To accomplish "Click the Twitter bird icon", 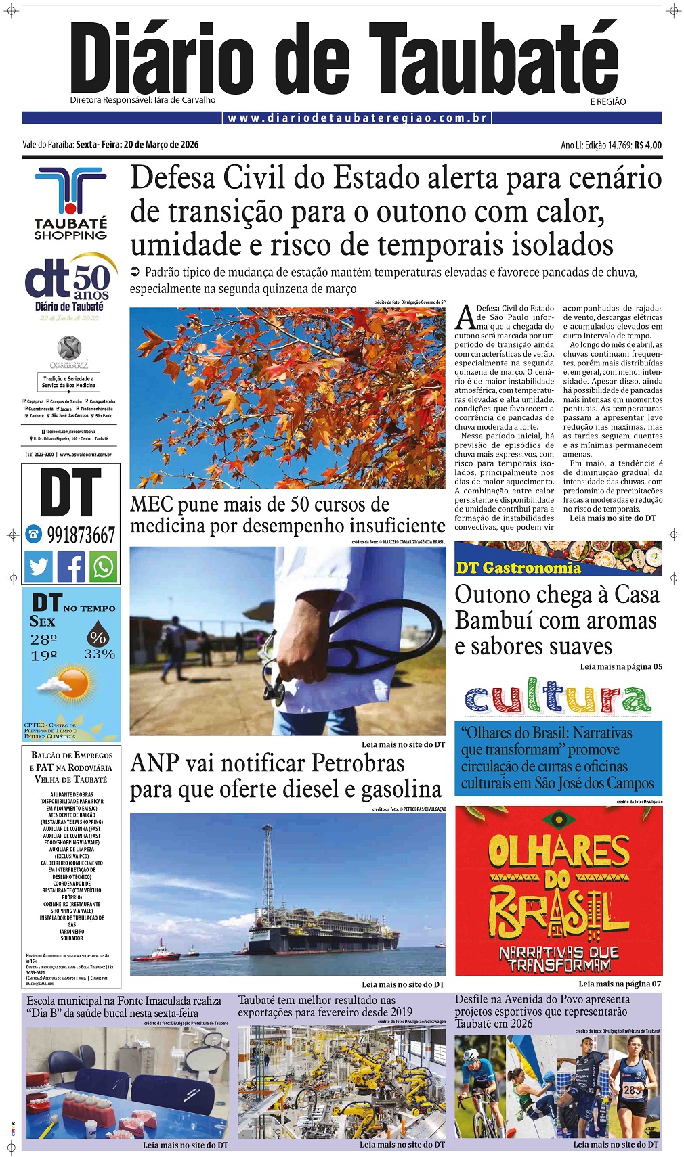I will (x=39, y=566).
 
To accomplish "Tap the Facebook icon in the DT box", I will (x=71, y=566).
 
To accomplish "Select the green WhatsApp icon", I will (x=104, y=566).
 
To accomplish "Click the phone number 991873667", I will (x=81, y=535).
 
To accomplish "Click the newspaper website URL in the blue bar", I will (x=358, y=118).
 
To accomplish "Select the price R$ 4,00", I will (x=648, y=145).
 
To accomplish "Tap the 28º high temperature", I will (x=43, y=639).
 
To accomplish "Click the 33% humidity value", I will (x=100, y=654).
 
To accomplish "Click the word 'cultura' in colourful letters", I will (x=558, y=698).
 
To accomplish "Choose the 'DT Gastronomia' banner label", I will (x=518, y=568).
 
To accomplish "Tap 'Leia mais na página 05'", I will (x=621, y=666).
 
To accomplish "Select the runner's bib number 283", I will (x=632, y=1090).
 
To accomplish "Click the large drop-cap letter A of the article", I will (x=465, y=317).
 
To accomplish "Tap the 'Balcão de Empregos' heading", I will (x=72, y=755).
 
